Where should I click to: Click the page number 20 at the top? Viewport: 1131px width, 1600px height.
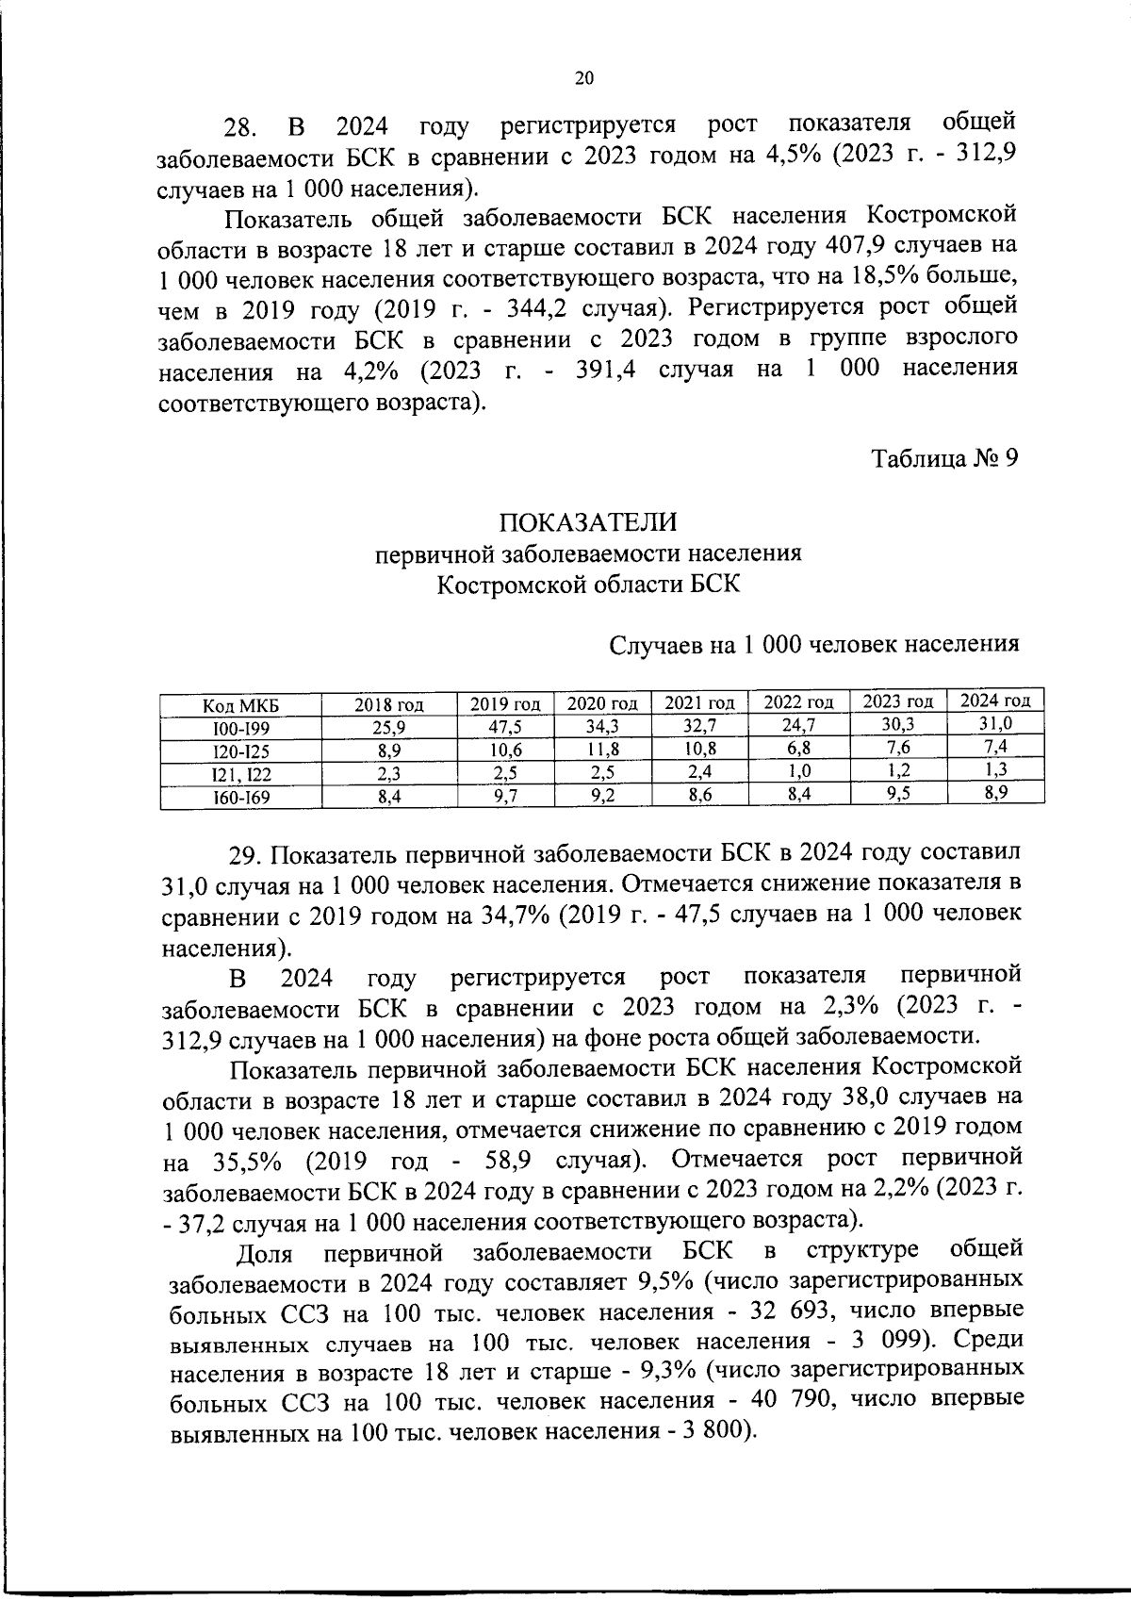[583, 79]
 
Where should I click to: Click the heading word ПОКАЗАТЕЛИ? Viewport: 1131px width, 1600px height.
[588, 521]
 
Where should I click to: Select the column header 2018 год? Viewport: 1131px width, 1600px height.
[389, 704]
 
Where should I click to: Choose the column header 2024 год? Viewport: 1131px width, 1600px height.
[994, 701]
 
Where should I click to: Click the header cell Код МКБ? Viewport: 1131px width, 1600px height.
[241, 706]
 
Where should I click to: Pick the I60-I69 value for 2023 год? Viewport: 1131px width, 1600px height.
[898, 792]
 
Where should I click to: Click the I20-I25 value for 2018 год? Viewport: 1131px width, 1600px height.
[389, 751]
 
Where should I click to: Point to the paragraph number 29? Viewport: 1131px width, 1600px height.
[248, 855]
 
